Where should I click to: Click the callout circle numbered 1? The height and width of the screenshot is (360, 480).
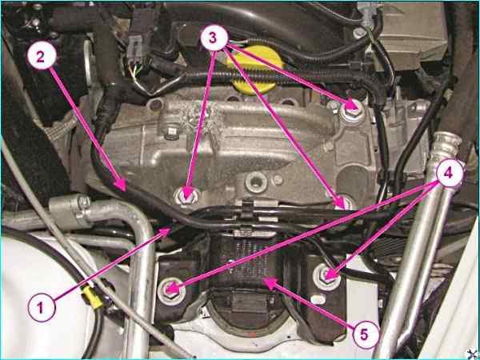pyautogui.click(x=42, y=307)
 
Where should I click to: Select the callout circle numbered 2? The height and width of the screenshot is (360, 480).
pyautogui.click(x=42, y=58)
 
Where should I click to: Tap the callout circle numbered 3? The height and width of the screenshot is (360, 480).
pyautogui.click(x=214, y=38)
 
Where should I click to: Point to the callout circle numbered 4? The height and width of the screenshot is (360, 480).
pyautogui.click(x=449, y=174)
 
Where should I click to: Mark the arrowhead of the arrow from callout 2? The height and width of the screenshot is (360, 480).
pyautogui.click(x=122, y=186)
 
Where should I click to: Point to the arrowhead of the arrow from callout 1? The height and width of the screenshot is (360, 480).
pyautogui.click(x=166, y=231)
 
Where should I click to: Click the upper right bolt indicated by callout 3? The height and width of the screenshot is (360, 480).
pyautogui.click(x=352, y=112)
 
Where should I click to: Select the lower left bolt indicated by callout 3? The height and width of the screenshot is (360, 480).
pyautogui.click(x=186, y=196)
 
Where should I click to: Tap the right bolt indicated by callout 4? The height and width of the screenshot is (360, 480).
pyautogui.click(x=326, y=277)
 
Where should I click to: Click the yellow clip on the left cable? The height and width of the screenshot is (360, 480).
pyautogui.click(x=91, y=298)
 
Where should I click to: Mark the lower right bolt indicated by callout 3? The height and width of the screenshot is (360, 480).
pyautogui.click(x=346, y=203)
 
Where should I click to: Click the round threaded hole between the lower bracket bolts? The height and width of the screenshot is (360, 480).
pyautogui.click(x=256, y=182)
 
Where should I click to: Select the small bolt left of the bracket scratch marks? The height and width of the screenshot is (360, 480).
pyautogui.click(x=171, y=133)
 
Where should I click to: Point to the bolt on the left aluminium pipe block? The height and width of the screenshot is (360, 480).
pyautogui.click(x=83, y=202)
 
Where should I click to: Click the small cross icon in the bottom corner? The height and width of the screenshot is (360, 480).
pyautogui.click(x=473, y=354)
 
